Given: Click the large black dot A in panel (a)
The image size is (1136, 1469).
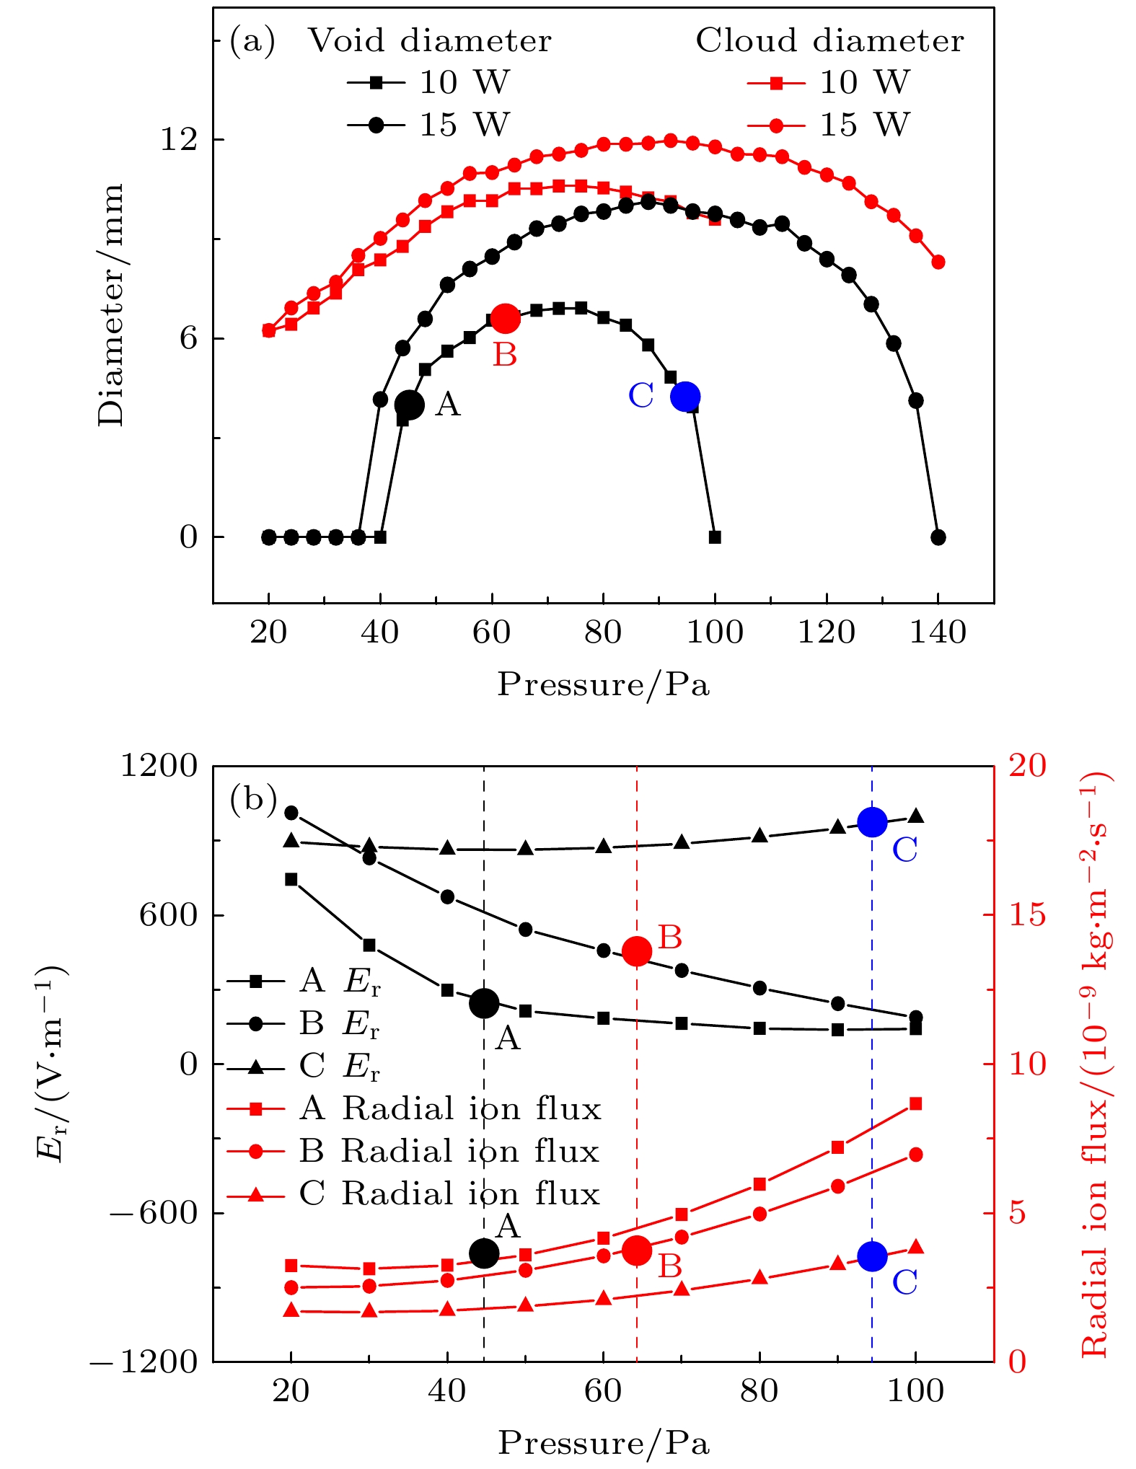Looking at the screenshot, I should point(409,405).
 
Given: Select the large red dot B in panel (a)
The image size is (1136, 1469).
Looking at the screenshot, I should point(504,318).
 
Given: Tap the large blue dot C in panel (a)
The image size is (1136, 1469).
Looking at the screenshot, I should point(684,396).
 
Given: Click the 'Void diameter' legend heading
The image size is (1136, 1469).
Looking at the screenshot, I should point(430,41).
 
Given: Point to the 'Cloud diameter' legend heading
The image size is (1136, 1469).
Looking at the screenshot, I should point(829,41).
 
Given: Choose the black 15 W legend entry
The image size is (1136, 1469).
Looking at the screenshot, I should point(428,125).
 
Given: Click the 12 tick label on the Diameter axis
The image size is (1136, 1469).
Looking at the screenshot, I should point(179,139).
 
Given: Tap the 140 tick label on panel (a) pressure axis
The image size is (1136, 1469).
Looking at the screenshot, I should point(938,634).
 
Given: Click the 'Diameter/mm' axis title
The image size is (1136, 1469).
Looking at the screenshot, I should point(113,304).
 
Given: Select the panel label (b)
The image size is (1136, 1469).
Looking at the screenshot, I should point(252,799).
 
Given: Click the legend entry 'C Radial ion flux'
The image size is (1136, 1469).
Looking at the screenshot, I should point(414,1194).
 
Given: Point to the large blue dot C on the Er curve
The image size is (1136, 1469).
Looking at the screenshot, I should point(872,821).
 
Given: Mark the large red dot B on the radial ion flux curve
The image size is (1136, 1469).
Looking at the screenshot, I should point(637,1250).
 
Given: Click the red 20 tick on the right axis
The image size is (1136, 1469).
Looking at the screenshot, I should point(1027,766).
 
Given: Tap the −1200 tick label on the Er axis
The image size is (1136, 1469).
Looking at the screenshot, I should point(144,1362).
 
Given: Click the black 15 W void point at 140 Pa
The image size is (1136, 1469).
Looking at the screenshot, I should point(938,537).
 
